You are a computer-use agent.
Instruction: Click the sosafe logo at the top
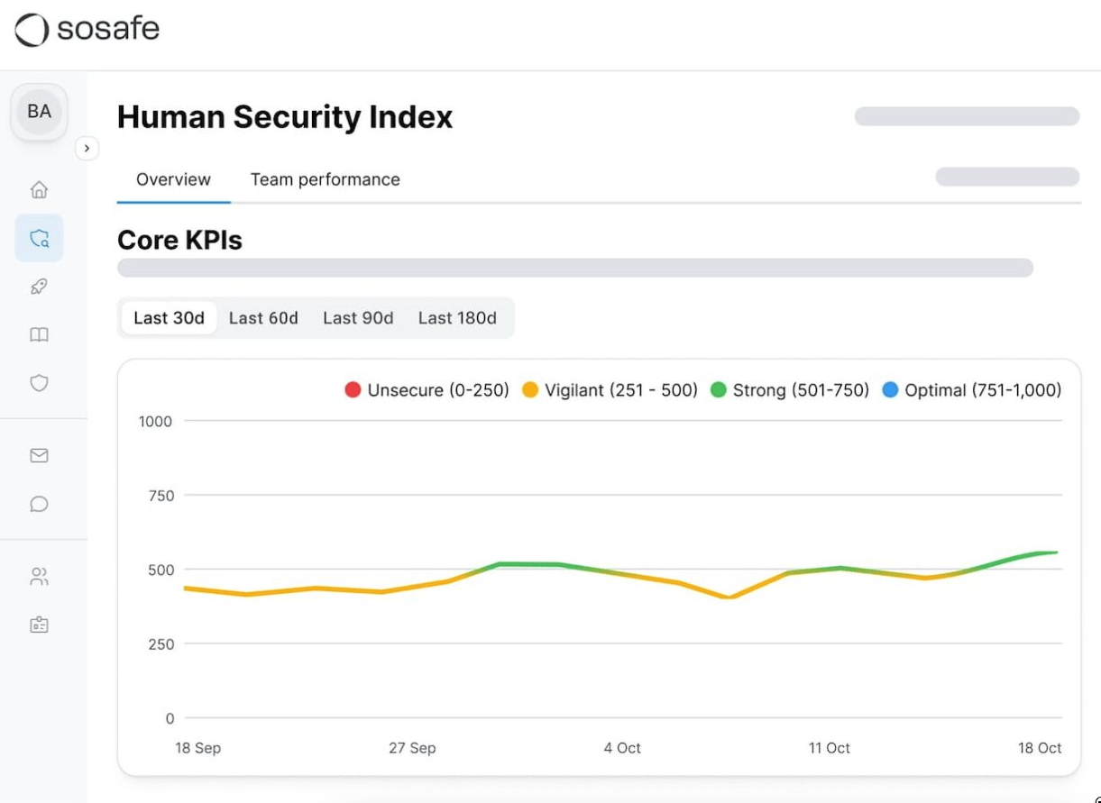pyautogui.click(x=87, y=30)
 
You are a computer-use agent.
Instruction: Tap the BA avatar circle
pyautogui.click(x=39, y=112)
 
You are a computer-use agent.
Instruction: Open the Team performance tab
pyautogui.click(x=325, y=179)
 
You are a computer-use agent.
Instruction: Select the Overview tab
pyautogui.click(x=173, y=179)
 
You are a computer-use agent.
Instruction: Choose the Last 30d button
pyautogui.click(x=169, y=318)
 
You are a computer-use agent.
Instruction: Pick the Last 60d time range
pyautogui.click(x=263, y=318)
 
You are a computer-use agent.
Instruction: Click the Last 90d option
pyautogui.click(x=358, y=318)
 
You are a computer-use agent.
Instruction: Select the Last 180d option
pyautogui.click(x=457, y=318)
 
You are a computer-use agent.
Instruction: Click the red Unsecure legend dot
pyautogui.click(x=353, y=390)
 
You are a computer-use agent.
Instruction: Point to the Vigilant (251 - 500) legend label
pyautogui.click(x=621, y=390)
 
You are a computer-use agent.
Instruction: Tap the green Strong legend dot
pyautogui.click(x=719, y=390)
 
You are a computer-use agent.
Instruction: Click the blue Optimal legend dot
pyautogui.click(x=890, y=390)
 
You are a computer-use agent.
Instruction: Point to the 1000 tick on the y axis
pyautogui.click(x=155, y=421)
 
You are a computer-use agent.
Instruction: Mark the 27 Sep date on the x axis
pyautogui.click(x=412, y=748)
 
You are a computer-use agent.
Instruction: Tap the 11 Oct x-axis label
pyautogui.click(x=829, y=748)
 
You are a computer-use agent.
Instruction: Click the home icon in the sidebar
pyautogui.click(x=39, y=190)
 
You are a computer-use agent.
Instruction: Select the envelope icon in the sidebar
pyautogui.click(x=39, y=455)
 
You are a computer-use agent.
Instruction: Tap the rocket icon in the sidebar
pyautogui.click(x=39, y=287)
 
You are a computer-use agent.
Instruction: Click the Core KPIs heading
pyautogui.click(x=179, y=241)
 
